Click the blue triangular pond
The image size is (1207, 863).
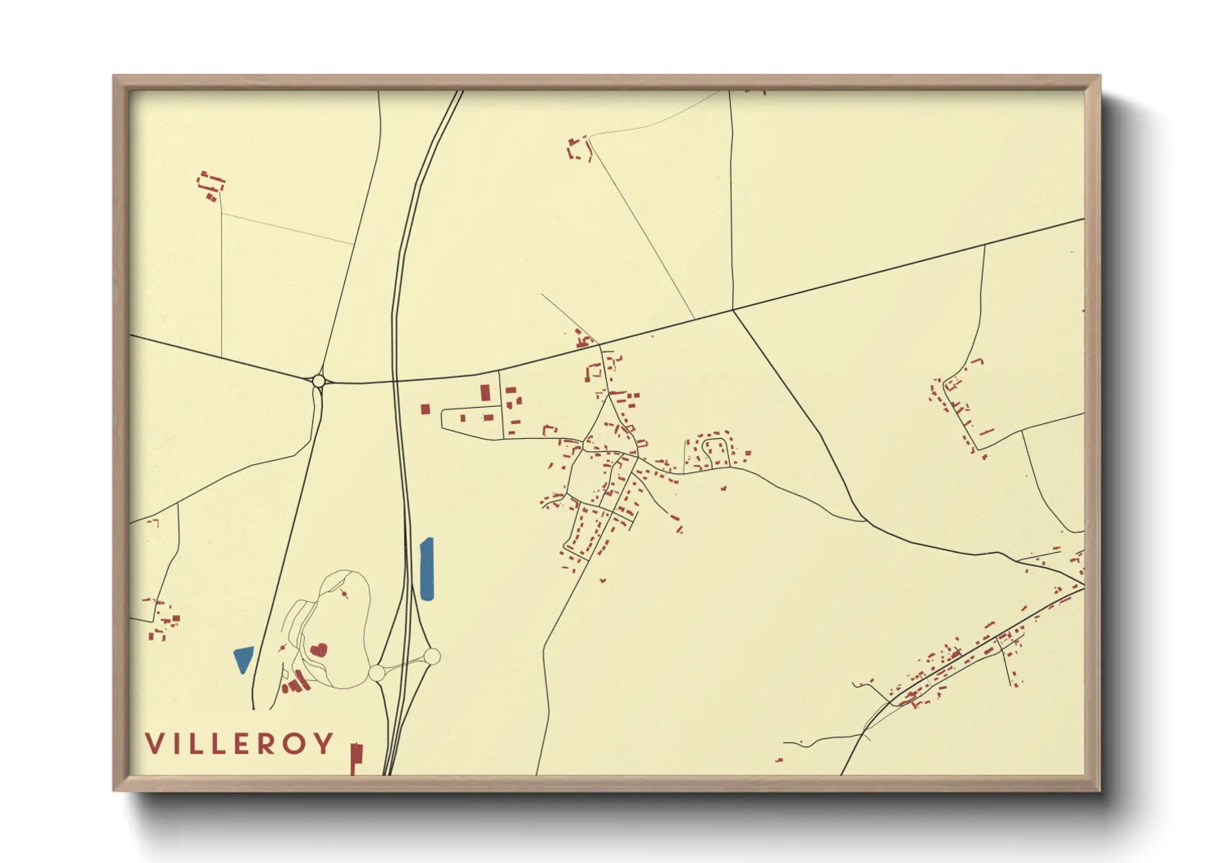click(x=243, y=657)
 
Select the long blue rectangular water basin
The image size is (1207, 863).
click(x=427, y=569)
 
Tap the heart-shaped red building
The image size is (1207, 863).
click(x=318, y=649)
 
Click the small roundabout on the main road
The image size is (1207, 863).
click(x=318, y=380)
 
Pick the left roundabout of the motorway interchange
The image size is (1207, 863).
click(x=376, y=672)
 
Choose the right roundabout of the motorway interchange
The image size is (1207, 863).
click(x=431, y=656)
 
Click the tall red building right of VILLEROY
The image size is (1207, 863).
click(x=356, y=758)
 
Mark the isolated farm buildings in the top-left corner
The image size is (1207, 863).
click(x=211, y=184)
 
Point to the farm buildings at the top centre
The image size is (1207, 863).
click(x=579, y=148)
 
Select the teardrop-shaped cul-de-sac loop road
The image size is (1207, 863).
click(x=714, y=449)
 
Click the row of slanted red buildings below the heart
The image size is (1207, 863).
click(x=297, y=682)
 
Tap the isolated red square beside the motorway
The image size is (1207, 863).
click(x=425, y=409)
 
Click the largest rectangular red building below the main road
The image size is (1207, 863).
click(x=485, y=392)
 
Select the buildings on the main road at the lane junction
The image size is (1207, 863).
click(x=582, y=339)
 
